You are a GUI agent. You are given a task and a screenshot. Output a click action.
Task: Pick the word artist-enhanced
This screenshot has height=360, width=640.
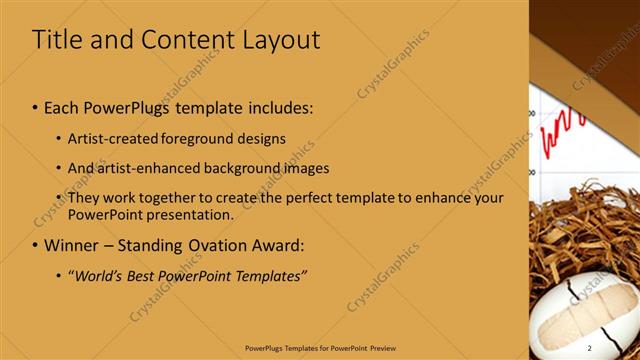(x=143, y=168)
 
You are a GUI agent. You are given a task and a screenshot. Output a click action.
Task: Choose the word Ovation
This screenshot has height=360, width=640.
(x=218, y=245)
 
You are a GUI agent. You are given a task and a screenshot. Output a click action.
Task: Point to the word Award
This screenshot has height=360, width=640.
(x=276, y=245)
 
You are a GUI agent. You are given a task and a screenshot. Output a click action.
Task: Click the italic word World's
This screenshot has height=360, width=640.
(x=98, y=275)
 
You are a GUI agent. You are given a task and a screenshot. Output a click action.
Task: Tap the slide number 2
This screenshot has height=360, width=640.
(x=590, y=346)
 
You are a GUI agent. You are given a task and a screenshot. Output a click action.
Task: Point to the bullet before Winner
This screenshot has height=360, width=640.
(x=35, y=246)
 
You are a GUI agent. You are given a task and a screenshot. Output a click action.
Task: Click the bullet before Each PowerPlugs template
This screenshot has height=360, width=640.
(x=35, y=107)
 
